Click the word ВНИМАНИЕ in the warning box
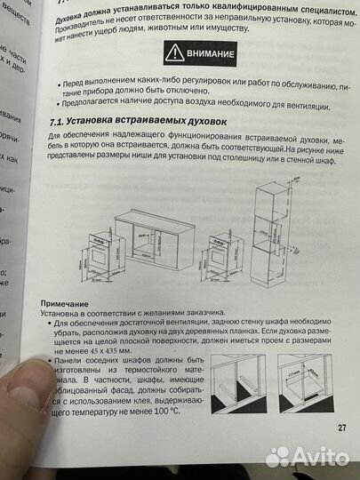pos(211,54)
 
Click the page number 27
pos(342,427)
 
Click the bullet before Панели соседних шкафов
pos(47,360)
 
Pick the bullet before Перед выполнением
pos(60,83)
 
